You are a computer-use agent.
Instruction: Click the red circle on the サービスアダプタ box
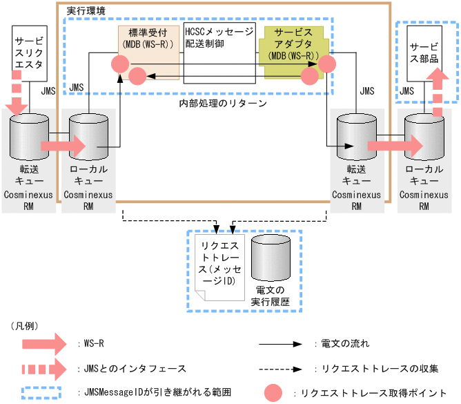(x=326, y=64)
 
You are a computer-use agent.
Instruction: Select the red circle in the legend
(x=275, y=392)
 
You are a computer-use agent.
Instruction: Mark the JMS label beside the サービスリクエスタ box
(x=48, y=90)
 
